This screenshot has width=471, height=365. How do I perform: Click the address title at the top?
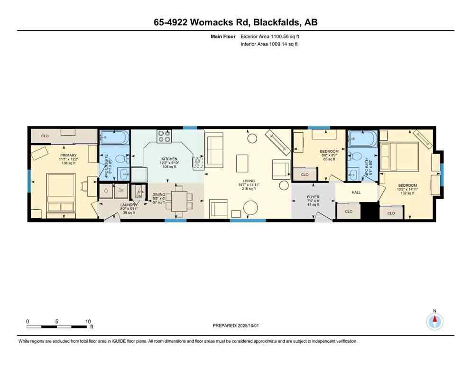(235, 22)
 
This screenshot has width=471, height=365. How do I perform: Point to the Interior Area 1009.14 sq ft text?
(269, 44)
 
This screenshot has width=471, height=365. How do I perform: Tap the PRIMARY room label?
(68, 155)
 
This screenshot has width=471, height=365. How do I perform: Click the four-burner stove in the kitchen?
(164, 136)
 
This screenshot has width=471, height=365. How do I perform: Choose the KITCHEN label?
(169, 159)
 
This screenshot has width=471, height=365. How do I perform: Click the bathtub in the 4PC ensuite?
(114, 138)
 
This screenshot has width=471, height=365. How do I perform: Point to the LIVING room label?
(248, 181)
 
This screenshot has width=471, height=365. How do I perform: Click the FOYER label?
(313, 197)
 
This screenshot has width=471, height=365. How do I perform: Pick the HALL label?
(356, 192)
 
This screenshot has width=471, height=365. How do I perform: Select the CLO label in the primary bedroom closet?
(45, 136)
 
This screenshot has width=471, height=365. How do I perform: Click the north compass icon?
(434, 321)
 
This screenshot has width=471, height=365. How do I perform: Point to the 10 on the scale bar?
(88, 321)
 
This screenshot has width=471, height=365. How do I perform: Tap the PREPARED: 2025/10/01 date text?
(237, 326)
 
